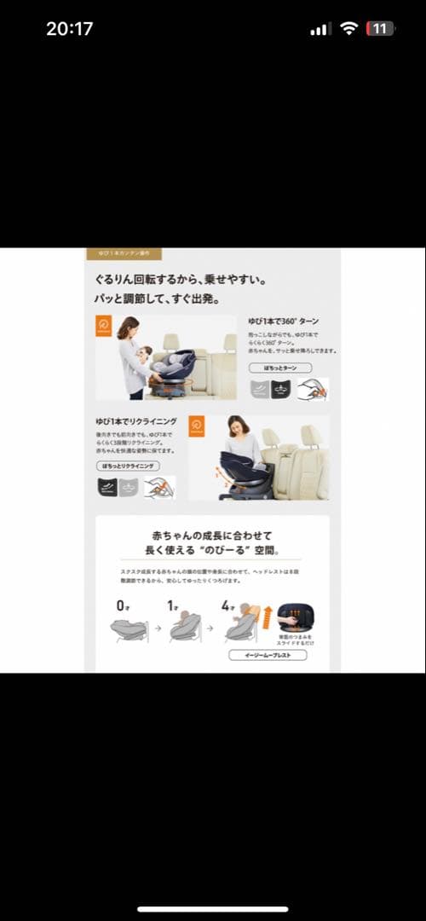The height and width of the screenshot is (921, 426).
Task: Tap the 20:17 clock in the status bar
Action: pos(69,28)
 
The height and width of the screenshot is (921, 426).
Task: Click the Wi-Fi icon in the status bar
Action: pos(348,28)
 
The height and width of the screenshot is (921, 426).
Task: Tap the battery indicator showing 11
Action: pos(379,28)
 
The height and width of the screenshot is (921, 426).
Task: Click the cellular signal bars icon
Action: pos(320,29)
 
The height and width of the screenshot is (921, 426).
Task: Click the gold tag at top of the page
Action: pos(124,253)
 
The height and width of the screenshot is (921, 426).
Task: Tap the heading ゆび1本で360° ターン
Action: pos(284,321)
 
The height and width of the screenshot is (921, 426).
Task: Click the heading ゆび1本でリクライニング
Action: pos(136,421)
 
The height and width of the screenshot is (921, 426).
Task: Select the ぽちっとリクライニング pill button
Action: pos(128,466)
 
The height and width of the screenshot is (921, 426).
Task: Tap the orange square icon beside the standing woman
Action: pos(104,326)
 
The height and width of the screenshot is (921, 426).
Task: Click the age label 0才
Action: pos(123,605)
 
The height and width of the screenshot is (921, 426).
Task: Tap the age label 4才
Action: pos(227,605)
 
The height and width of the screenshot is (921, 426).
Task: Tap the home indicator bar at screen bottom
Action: pos(213,909)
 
